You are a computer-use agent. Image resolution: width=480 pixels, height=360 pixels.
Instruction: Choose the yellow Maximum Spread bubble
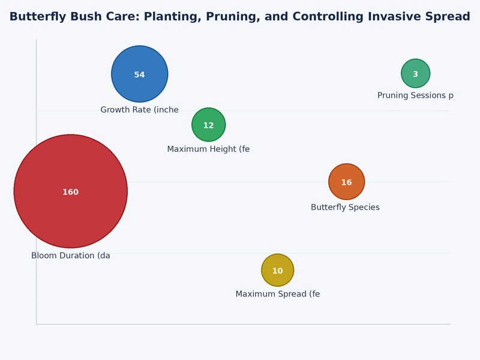pyautogui.click(x=277, y=262)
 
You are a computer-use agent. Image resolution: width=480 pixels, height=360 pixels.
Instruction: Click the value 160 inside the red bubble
pyautogui.click(x=71, y=192)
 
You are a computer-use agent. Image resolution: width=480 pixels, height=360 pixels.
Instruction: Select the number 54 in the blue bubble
pyautogui.click(x=139, y=75)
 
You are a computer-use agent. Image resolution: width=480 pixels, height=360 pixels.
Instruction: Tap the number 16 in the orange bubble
pyautogui.click(x=346, y=182)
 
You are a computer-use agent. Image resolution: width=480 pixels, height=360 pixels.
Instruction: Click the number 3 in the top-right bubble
pyautogui.click(x=415, y=74)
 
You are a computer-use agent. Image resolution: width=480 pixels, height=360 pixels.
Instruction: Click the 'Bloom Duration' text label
pyautogui.click(x=71, y=256)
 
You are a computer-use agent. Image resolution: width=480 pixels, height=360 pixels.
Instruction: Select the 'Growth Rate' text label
pyautogui.click(x=139, y=110)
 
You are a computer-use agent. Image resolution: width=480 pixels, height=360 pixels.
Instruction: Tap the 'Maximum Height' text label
pyautogui.click(x=208, y=149)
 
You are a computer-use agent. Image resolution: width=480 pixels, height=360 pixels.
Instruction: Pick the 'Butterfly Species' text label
pyautogui.click(x=345, y=207)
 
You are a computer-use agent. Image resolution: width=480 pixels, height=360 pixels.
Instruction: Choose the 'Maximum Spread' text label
pyautogui.click(x=277, y=294)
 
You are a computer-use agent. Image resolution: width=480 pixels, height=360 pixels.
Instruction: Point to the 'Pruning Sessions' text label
pyautogui.click(x=415, y=95)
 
